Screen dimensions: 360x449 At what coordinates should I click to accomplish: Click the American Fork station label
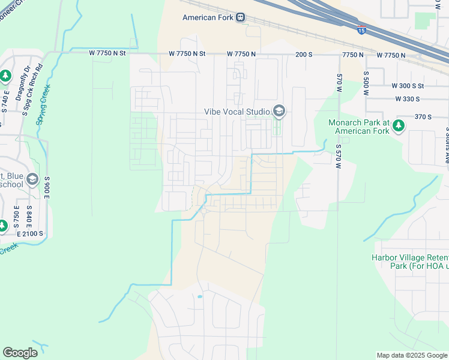(208, 17)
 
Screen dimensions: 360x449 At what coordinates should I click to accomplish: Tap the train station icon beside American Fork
(241, 17)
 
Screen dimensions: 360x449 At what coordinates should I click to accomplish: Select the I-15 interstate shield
(361, 28)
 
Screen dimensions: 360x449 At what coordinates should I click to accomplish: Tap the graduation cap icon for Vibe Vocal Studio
(279, 111)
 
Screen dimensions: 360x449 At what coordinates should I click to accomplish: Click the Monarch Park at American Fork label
(359, 127)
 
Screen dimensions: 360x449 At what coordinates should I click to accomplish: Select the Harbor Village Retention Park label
(410, 263)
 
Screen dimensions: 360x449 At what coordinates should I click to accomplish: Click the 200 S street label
(304, 54)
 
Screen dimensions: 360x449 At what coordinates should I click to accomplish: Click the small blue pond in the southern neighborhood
(199, 296)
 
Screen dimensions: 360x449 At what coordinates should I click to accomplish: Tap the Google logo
(20, 353)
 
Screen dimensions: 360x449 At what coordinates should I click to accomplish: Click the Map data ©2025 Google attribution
(411, 355)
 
